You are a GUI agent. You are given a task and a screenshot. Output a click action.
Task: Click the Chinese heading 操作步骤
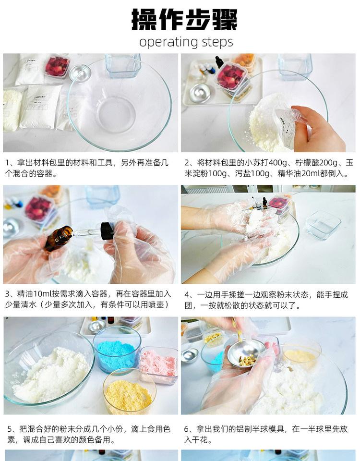pyautogui.click(x=184, y=19)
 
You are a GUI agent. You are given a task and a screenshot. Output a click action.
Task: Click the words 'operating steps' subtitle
pyautogui.click(x=186, y=42)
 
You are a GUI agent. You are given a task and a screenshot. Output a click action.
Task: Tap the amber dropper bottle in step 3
pyautogui.click(x=59, y=238)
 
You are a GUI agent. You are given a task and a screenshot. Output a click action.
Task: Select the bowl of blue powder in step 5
pyautogui.click(x=117, y=350)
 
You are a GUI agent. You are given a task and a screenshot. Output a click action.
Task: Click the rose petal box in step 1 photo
pyautogui.click(x=57, y=66)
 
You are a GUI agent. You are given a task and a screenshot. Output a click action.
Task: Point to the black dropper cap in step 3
pyautogui.click(x=107, y=230)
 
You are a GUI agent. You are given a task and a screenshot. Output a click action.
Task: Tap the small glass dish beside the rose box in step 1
pyautogui.click(x=80, y=73)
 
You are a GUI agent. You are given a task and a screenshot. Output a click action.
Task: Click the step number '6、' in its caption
pyautogui.click(x=190, y=429)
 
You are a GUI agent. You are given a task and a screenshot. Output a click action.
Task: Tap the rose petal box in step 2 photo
pyautogui.click(x=231, y=76)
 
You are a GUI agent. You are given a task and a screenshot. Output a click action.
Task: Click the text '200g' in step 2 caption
pyautogui.click(x=329, y=163)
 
